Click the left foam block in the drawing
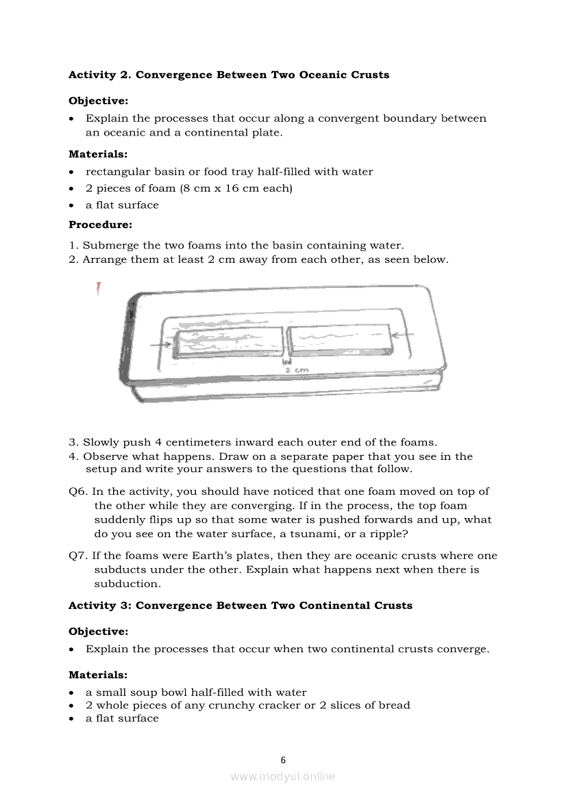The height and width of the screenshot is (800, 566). [228, 341]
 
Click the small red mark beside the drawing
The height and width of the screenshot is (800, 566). [99, 288]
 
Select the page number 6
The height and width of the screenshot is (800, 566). [283, 760]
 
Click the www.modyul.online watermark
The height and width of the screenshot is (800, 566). [283, 776]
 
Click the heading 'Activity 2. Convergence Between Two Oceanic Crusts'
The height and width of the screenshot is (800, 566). [229, 75]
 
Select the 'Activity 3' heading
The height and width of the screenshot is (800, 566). [241, 606]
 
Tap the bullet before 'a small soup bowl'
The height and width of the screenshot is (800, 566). [72, 693]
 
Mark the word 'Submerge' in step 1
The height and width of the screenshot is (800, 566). [110, 245]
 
